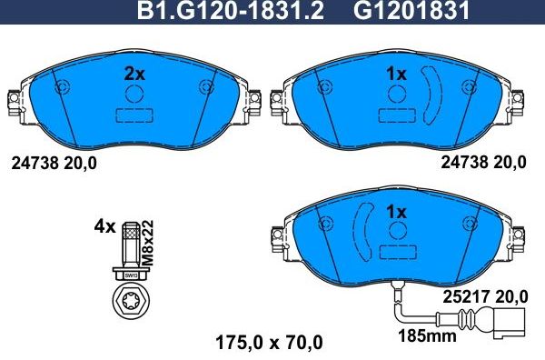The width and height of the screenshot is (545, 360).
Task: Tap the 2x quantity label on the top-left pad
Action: coord(134,75)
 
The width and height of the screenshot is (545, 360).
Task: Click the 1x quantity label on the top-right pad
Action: coord(396,75)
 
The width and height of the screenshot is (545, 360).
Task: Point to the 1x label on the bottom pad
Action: coord(396,211)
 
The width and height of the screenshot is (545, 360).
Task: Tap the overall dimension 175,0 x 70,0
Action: coord(268,343)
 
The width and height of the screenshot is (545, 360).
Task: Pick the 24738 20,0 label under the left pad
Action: coord(54,164)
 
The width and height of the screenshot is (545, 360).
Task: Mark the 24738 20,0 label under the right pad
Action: coord(483,164)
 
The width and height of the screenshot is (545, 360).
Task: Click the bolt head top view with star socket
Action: coord(129,301)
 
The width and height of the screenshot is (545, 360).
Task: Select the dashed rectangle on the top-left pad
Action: coord(134,116)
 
